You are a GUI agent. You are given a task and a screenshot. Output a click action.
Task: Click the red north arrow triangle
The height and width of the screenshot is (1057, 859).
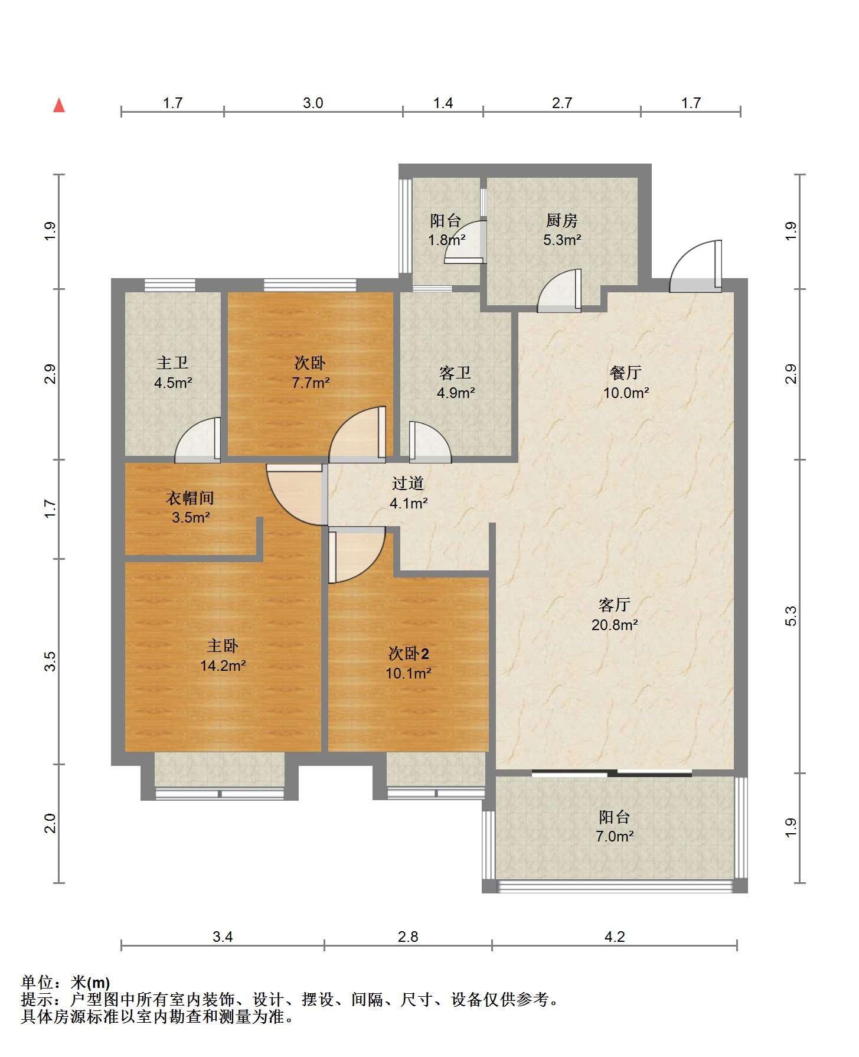[59, 106]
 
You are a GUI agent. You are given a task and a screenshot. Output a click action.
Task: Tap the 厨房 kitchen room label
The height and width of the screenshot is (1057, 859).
[561, 221]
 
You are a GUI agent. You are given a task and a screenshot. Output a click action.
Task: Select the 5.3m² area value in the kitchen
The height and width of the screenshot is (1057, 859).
[562, 240]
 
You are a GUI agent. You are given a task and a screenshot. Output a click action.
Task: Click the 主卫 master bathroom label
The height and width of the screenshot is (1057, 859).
[172, 363]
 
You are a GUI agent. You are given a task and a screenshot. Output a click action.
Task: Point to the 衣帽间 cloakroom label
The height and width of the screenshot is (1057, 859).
[190, 498]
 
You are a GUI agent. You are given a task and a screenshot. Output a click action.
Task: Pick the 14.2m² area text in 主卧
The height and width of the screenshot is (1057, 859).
[223, 665]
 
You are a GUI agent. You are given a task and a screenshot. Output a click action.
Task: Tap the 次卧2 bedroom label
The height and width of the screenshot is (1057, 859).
[409, 654]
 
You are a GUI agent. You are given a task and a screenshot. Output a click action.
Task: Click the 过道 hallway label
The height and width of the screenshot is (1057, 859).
[409, 484]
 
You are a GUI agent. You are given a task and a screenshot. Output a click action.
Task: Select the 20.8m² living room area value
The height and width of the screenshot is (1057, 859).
[615, 624]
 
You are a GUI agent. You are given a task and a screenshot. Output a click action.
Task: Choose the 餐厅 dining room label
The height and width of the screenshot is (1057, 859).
[626, 373]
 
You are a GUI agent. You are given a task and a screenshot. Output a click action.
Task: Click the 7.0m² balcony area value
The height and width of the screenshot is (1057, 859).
[615, 836]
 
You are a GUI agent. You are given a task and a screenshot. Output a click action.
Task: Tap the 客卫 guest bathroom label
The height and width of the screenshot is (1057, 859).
[455, 373]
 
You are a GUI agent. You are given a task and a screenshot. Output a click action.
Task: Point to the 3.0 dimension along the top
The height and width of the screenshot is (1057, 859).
[313, 103]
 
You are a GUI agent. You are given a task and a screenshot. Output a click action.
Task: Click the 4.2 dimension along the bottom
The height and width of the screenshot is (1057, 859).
[615, 937]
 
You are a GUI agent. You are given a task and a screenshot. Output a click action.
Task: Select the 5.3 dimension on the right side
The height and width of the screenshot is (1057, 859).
[791, 616]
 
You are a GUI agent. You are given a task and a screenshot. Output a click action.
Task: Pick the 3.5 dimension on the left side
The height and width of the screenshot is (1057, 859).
[51, 661]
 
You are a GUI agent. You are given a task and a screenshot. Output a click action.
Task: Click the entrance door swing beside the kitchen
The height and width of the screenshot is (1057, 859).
[695, 266]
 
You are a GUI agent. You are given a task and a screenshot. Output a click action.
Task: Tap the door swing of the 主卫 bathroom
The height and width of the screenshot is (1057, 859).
[198, 440]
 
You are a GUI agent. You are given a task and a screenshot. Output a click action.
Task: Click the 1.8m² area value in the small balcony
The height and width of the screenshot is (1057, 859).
[447, 240]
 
